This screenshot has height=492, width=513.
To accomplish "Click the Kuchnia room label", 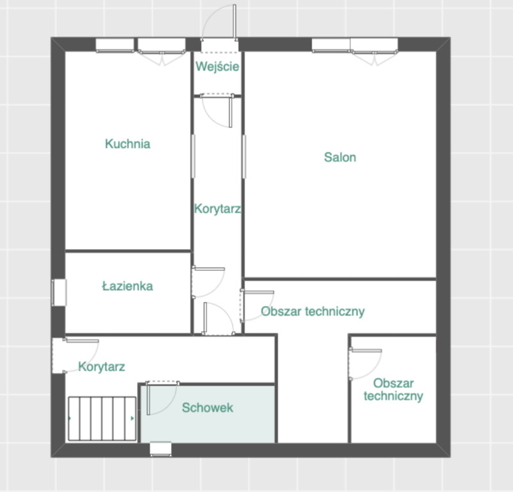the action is click(x=127, y=143).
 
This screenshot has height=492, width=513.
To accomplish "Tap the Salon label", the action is click(x=340, y=157).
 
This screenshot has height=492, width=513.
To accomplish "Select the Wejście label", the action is click(x=218, y=66).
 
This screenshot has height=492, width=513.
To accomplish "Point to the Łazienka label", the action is click(x=127, y=286).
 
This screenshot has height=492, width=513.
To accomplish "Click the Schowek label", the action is click(x=208, y=407).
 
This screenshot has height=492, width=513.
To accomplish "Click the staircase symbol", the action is click(x=102, y=419).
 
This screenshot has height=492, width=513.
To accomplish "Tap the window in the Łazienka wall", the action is click(x=59, y=292).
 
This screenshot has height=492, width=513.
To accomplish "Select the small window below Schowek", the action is click(x=161, y=449).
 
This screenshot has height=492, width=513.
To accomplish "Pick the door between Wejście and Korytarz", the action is click(x=216, y=110).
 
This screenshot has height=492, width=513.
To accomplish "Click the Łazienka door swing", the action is click(x=208, y=282).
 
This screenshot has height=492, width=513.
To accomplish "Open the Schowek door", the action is click(x=162, y=397).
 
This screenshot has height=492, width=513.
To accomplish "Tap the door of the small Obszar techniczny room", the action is click(x=365, y=364).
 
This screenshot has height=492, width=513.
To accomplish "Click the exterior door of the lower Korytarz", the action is click(x=76, y=356).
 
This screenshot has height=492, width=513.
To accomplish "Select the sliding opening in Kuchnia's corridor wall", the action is click(x=193, y=156).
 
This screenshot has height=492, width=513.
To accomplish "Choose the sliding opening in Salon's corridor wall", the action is click(x=244, y=156).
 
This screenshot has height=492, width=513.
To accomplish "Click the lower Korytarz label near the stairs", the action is click(x=101, y=366).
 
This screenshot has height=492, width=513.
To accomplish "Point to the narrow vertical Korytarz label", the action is click(x=218, y=208).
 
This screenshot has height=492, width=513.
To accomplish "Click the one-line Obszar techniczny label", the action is click(x=313, y=311).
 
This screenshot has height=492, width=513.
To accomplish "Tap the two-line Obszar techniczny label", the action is click(x=393, y=389).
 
